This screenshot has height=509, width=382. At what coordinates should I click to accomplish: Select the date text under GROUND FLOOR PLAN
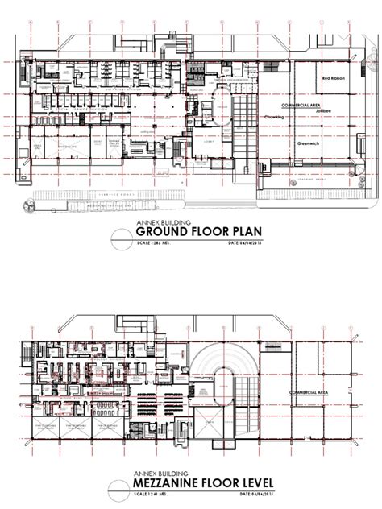[x=246, y=244]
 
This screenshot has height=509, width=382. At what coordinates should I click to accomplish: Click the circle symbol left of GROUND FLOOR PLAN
[x=119, y=236]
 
